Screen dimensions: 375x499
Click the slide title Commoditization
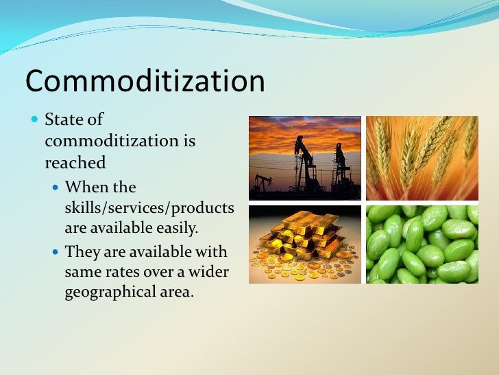pyautogui.click(x=145, y=81)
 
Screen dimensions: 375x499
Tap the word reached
pyautogui.click(x=75, y=163)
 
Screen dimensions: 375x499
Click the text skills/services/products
pyautogui.click(x=149, y=207)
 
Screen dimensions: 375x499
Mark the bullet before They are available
pyautogui.click(x=56, y=252)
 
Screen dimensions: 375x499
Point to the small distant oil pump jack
pyautogui.click(x=262, y=183)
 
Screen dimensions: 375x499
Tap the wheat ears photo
pyautogui.click(x=422, y=158)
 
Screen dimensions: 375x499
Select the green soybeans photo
pyautogui.click(x=422, y=244)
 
